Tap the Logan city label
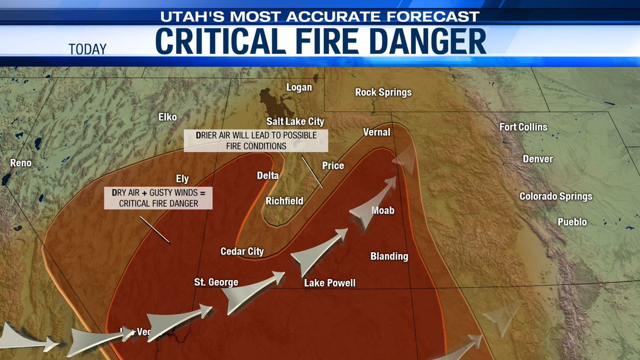click(299, 87)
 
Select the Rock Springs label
click(383, 93)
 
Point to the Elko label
click(167, 117)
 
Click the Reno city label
click(20, 163)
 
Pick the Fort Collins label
click(523, 127)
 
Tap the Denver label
click(538, 159)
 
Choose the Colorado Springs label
click(556, 196)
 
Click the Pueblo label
click(572, 222)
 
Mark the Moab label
click(383, 211)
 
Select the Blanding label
click(389, 257)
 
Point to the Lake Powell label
click(330, 283)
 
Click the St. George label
click(216, 282)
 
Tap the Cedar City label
click(242, 251)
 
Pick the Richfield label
click(285, 201)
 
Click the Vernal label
click(377, 132)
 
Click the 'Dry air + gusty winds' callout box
click(158, 198)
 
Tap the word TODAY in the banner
click(87, 50)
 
